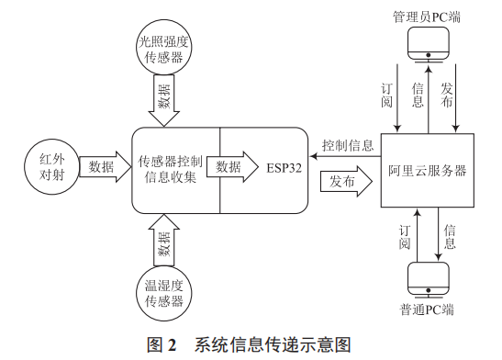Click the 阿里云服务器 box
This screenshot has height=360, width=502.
click(426, 171)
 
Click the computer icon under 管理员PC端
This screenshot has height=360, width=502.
click(428, 44)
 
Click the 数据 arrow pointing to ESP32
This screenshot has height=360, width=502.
click(235, 167)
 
